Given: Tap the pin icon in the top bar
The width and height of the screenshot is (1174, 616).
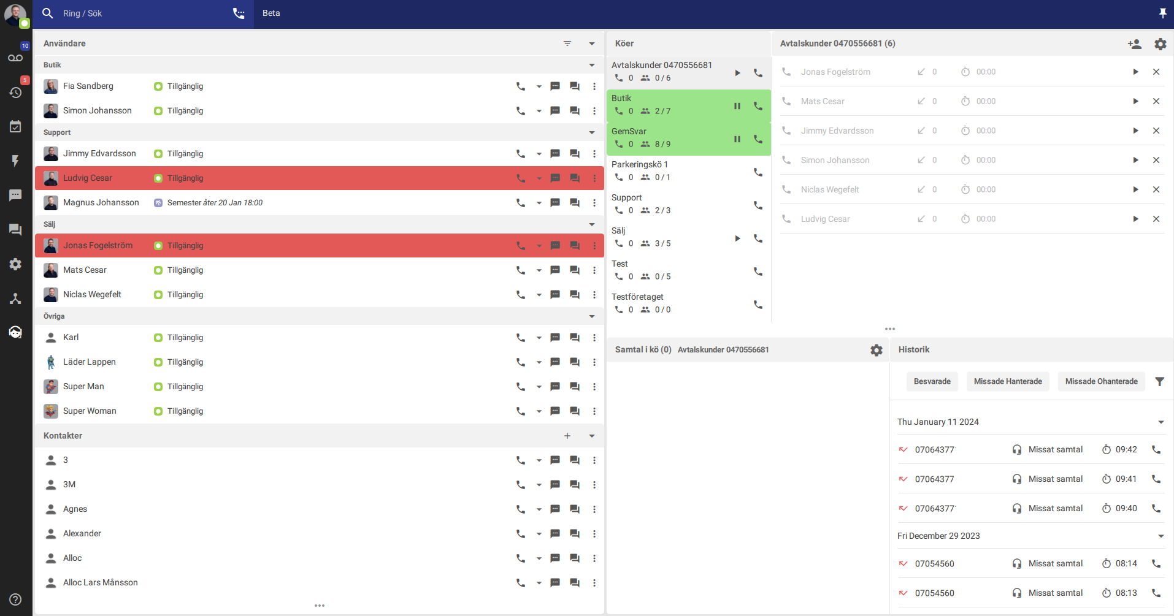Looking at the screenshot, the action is [x=1162, y=13].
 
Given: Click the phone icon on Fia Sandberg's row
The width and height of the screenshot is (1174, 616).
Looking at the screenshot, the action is [x=521, y=86].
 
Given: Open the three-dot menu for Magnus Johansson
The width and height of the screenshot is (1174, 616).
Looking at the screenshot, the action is [x=594, y=203].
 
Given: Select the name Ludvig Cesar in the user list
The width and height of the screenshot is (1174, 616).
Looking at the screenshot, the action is [x=88, y=178].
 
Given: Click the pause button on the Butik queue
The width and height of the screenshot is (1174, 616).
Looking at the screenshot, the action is [x=737, y=106].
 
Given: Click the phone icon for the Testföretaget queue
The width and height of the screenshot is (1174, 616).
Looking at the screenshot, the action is [x=758, y=305].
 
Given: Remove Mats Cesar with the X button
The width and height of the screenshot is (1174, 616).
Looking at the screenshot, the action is [x=1156, y=101].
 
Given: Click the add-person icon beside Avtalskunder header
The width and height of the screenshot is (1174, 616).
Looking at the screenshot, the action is [x=1135, y=44].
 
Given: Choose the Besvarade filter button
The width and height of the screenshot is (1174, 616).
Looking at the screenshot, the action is [x=932, y=381].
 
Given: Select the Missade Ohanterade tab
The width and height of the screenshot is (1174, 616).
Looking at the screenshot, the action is [x=1101, y=381].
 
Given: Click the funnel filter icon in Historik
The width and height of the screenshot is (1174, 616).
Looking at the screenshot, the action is [x=1159, y=381].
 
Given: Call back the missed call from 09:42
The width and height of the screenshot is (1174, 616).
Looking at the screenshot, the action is [x=1156, y=449].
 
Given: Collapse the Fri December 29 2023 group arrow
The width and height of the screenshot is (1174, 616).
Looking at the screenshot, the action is [x=1161, y=536].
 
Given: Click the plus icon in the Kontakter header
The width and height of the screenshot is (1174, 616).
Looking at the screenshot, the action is [x=567, y=436].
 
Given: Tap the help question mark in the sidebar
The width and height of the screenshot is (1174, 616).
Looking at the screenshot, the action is [x=15, y=599].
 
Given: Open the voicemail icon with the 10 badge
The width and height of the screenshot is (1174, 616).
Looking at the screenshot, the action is [x=15, y=58].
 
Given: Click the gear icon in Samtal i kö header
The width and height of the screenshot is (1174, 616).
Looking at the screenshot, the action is [x=877, y=350].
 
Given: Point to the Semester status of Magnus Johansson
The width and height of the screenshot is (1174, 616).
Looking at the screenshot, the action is [x=215, y=203].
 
